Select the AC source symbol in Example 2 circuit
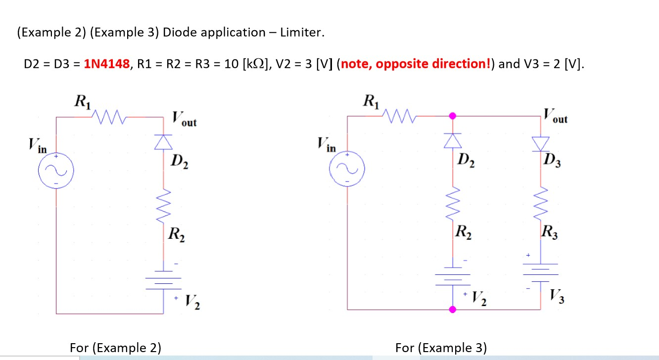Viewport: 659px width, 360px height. click(x=56, y=171)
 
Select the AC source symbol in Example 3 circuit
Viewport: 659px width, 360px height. click(x=347, y=169)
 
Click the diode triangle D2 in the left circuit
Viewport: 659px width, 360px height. click(x=164, y=142)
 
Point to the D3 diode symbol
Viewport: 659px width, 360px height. click(x=540, y=143)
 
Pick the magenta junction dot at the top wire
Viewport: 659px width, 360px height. click(x=452, y=116)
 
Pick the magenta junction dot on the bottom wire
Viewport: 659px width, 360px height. click(x=452, y=310)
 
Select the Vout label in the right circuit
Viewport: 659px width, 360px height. click(x=555, y=117)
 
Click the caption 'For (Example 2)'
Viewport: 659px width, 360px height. click(x=115, y=348)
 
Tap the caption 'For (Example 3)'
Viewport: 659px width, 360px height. click(x=441, y=348)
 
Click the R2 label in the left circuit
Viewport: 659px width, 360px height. click(x=177, y=233)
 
